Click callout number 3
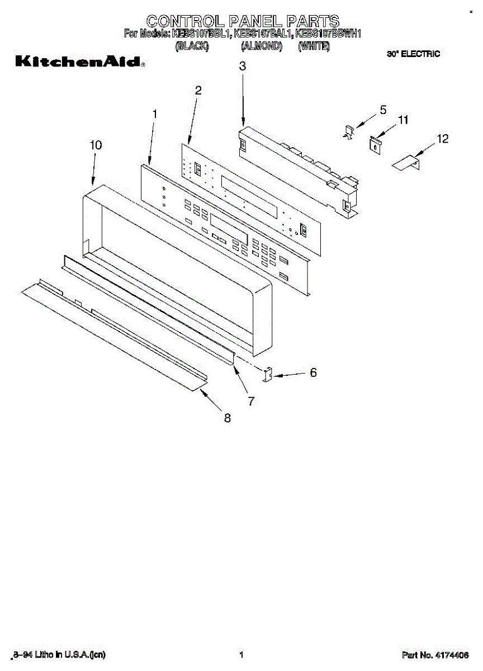[x=242, y=66]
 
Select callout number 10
[x=96, y=145]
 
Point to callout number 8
[x=228, y=418]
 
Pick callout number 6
[x=313, y=372]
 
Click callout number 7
[x=251, y=400]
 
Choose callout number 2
[x=198, y=91]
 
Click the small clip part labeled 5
[x=349, y=133]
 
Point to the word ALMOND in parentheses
[x=262, y=47]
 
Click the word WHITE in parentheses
[x=314, y=47]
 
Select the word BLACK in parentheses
[x=192, y=47]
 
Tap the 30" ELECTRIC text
[x=413, y=54]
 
